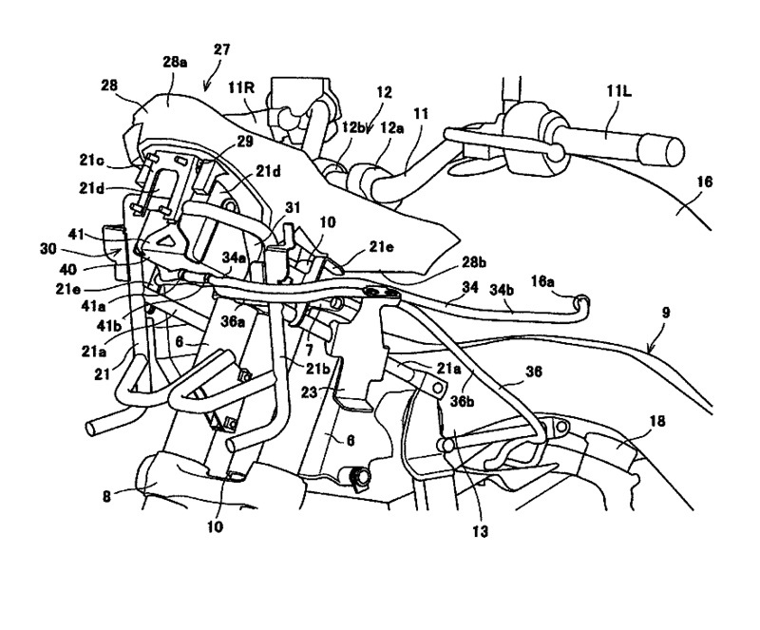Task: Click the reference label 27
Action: pyautogui.click(x=221, y=50)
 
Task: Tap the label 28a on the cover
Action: pyautogui.click(x=175, y=63)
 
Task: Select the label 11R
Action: pyautogui.click(x=241, y=87)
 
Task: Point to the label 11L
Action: pyautogui.click(x=619, y=91)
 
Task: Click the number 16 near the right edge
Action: pyautogui.click(x=704, y=181)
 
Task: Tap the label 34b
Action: pyautogui.click(x=503, y=289)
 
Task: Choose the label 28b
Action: pyautogui.click(x=474, y=262)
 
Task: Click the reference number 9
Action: pyautogui.click(x=666, y=313)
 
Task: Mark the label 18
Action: pyautogui.click(x=657, y=421)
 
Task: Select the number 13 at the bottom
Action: pyautogui.click(x=480, y=531)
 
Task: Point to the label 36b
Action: pyautogui.click(x=462, y=389)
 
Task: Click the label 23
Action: pyautogui.click(x=310, y=391)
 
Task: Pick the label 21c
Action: pyautogui.click(x=91, y=160)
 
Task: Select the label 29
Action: pyautogui.click(x=245, y=142)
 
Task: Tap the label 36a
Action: pyautogui.click(x=233, y=322)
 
